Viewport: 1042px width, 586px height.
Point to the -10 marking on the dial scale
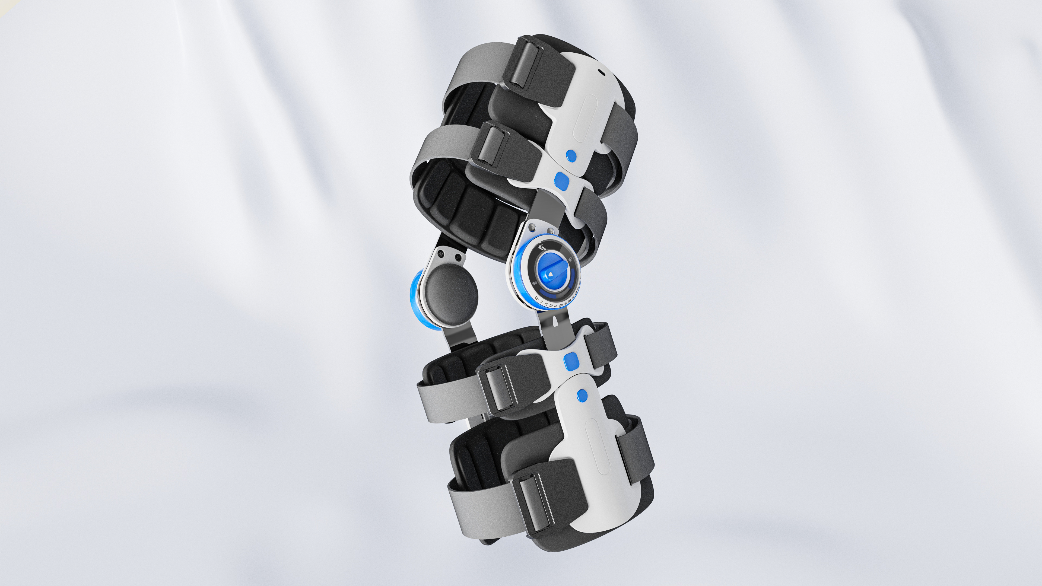(537, 298)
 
